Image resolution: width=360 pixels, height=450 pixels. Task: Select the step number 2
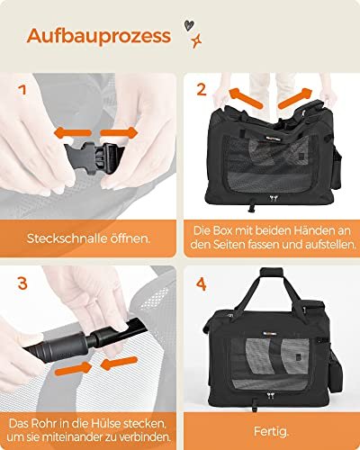point(202,90)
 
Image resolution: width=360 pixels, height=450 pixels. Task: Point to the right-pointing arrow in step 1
point(125,131)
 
